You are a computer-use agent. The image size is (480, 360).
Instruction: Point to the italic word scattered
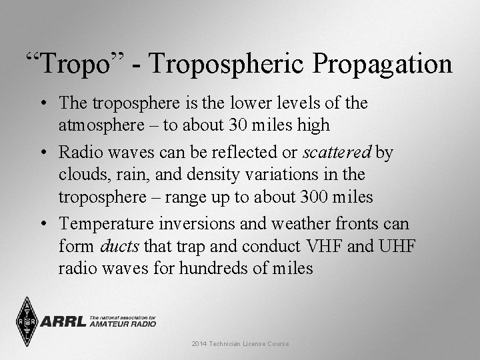tap(337, 153)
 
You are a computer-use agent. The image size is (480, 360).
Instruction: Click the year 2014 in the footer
tap(198, 343)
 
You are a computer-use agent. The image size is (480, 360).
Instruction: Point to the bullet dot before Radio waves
tap(43, 153)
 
